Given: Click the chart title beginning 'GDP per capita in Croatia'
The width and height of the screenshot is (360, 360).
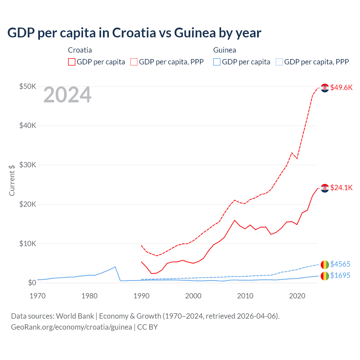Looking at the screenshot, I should (x=134, y=33).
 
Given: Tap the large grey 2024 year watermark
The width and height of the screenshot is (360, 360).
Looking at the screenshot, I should (x=67, y=95).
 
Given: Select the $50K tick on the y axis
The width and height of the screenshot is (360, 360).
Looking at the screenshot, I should (x=28, y=86).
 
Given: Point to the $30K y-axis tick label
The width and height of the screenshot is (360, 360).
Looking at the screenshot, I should (x=28, y=165).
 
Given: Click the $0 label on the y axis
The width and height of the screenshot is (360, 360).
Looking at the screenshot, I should (x=32, y=283).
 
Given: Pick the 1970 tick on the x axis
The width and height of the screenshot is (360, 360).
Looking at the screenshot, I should (x=37, y=296).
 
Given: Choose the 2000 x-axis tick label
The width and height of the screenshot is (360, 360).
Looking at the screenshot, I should (x=193, y=296).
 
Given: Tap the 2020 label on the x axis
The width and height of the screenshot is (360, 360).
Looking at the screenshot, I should (x=297, y=296).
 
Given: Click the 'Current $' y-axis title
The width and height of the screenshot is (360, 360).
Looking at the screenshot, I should (x=12, y=180).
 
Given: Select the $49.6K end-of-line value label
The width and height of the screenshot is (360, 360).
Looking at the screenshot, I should (x=341, y=87).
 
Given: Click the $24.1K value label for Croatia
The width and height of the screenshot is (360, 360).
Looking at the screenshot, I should (x=341, y=188).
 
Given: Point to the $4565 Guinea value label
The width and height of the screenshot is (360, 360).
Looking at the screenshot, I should (x=340, y=264).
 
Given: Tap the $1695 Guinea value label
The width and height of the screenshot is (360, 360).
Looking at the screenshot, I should (x=340, y=275).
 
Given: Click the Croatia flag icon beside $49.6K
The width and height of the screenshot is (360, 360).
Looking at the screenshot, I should (x=325, y=88).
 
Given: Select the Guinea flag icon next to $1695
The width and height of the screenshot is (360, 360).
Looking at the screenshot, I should (x=325, y=276).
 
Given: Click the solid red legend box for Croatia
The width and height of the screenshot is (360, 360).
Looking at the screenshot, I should (x=72, y=62).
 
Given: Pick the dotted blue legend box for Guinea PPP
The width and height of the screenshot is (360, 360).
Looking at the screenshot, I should (x=279, y=62).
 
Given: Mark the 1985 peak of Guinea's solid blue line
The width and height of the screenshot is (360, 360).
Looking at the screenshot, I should (x=115, y=267).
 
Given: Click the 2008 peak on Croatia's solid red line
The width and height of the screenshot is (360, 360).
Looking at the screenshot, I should (x=235, y=220).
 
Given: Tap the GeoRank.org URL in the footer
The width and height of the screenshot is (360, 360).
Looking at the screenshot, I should (x=71, y=327).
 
